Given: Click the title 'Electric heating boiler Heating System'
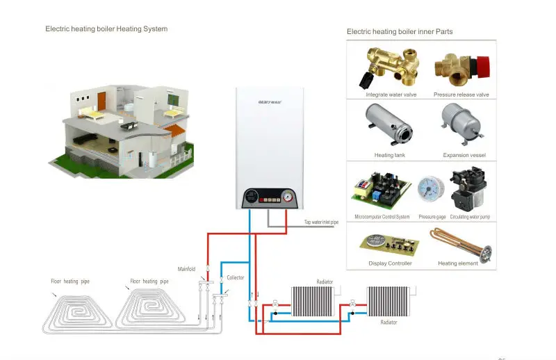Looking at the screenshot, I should coord(106,29).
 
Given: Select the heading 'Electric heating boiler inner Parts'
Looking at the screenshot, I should coord(400,32).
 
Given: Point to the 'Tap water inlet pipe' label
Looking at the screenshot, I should coord(321,222).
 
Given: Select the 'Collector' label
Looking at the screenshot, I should coord(236,277).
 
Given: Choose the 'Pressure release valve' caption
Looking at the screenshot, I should coord(461,95).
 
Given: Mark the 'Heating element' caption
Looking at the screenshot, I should coord(458,263).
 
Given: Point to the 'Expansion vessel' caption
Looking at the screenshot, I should coord(464,155).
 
